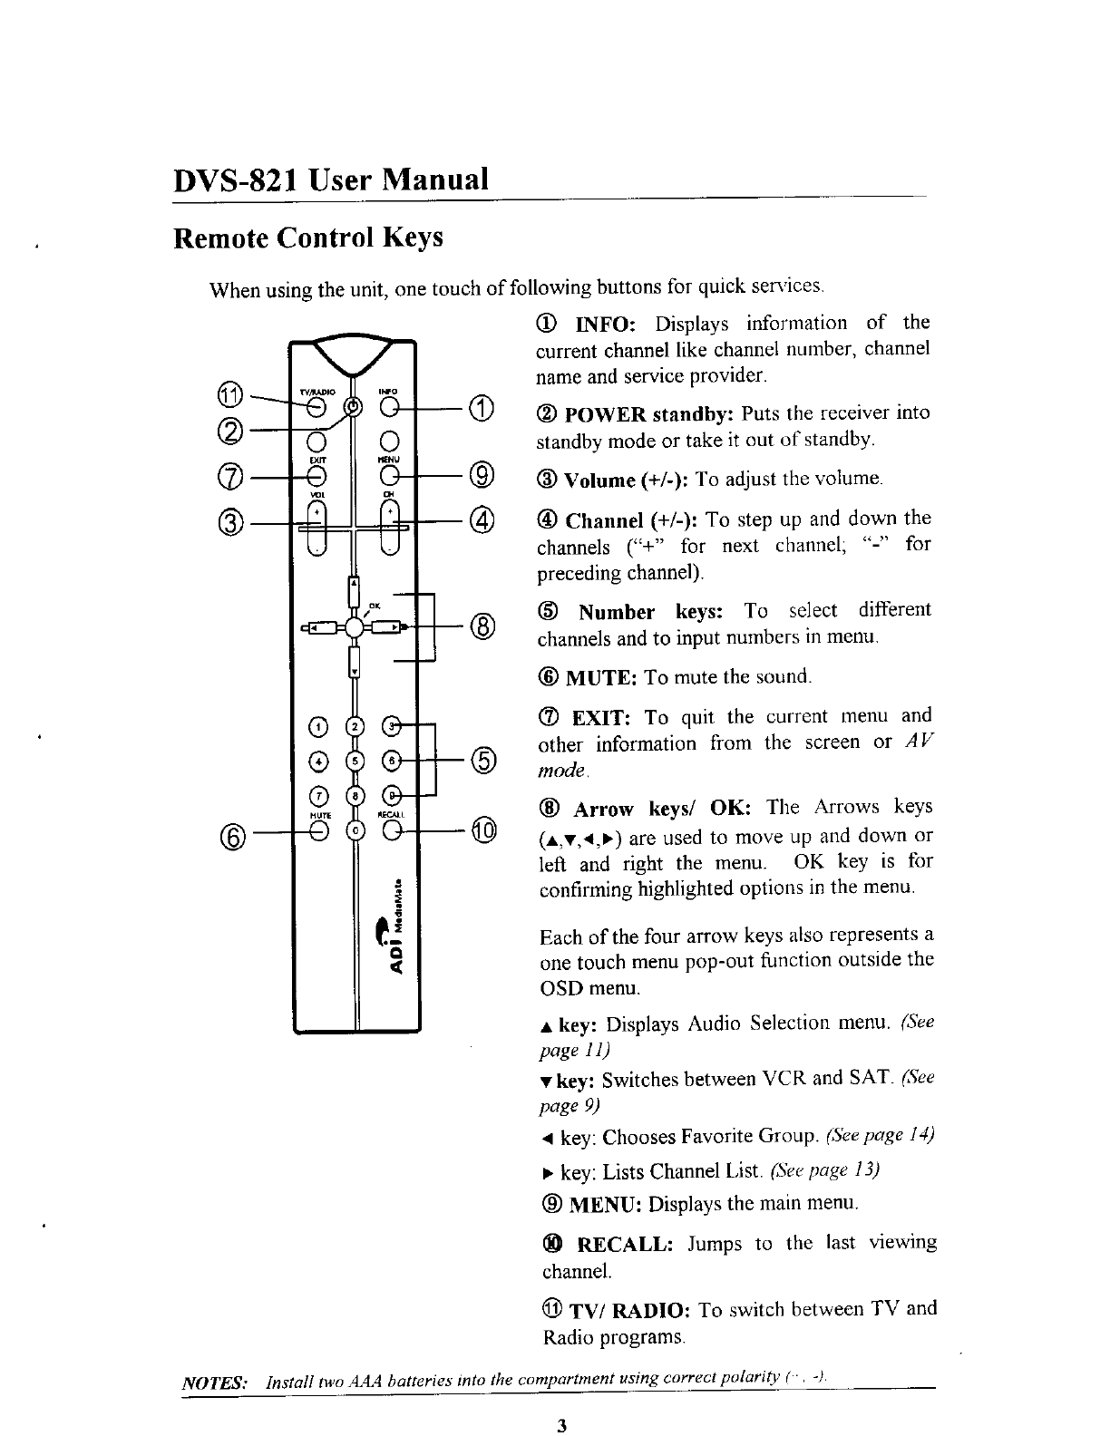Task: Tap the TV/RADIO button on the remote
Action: (316, 405)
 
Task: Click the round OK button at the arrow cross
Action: (355, 627)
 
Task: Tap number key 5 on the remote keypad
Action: (356, 758)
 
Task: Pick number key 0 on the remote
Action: (356, 830)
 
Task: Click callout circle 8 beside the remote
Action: (483, 626)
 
